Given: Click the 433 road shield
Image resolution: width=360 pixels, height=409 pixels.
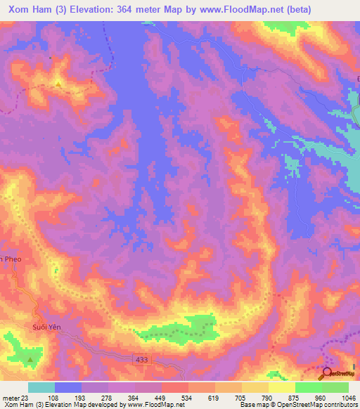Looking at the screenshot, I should (143, 359).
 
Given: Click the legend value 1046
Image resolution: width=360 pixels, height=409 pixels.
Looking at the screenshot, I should (347, 397).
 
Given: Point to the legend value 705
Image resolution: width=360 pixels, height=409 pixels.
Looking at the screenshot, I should (242, 397).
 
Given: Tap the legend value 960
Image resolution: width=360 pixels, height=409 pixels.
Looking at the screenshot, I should (321, 397).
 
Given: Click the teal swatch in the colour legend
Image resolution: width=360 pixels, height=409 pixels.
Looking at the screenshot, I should (41, 387).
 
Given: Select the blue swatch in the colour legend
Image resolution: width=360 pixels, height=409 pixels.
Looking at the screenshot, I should (68, 387).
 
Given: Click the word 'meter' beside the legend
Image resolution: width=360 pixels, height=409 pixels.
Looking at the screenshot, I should (10, 397).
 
